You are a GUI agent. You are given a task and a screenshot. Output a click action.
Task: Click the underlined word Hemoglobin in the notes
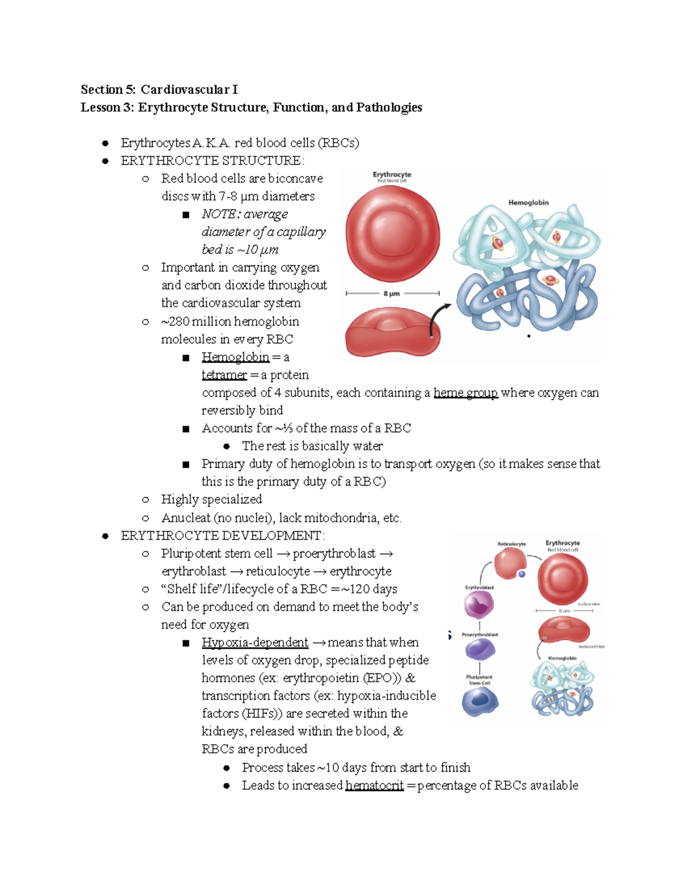click(x=235, y=357)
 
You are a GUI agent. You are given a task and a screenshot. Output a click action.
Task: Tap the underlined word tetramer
click(x=224, y=375)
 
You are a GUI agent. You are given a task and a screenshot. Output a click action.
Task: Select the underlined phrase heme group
click(x=465, y=393)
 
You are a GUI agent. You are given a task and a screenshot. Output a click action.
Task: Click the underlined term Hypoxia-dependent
click(x=255, y=642)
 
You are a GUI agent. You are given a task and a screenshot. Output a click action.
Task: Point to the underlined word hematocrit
click(x=374, y=785)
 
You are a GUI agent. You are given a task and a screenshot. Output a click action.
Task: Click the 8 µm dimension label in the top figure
click(x=392, y=294)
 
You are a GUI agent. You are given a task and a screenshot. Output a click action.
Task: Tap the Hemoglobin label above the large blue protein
click(x=528, y=203)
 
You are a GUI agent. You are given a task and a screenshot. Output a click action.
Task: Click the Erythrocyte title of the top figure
click(x=392, y=175)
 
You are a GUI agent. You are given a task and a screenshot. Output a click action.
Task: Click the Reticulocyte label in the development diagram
click(x=511, y=544)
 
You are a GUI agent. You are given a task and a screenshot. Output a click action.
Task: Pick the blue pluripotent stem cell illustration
click(x=479, y=701)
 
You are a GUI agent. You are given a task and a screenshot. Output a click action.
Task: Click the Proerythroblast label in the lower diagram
click(x=480, y=634)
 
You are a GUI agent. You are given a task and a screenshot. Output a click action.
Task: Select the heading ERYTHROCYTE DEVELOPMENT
click(x=222, y=536)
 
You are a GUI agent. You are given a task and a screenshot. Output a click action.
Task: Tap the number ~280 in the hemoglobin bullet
click(x=175, y=322)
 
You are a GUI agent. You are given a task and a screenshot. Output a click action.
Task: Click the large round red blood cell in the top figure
click(x=393, y=235)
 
